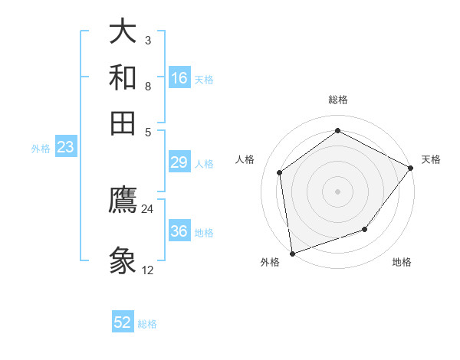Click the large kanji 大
123,32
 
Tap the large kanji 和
123,78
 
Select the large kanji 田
123,123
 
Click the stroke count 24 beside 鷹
147,208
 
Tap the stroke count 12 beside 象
147,270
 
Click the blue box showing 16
179,78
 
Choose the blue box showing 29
179,162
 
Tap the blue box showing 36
179,231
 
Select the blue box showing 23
65,148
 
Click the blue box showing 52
123,322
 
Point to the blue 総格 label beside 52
147,324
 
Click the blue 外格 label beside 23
41,149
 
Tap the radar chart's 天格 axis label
431,159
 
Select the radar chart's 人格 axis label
245,159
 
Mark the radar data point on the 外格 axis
292,253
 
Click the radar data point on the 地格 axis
365,229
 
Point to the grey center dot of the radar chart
337,191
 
